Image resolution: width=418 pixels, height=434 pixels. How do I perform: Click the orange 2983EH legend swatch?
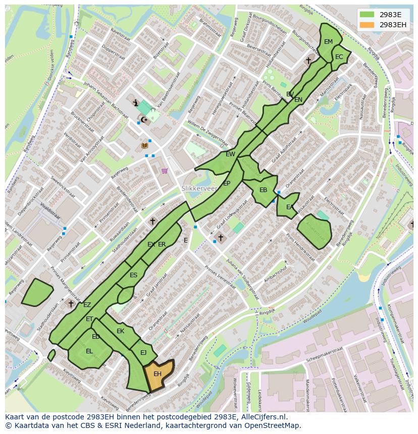click(367, 25)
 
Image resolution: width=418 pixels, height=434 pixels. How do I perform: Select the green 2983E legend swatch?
click(367, 15)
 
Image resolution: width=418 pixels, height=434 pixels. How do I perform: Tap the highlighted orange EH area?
click(158, 374)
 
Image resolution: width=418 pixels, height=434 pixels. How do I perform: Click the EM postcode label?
click(329, 42)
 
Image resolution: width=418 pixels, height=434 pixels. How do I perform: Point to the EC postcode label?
click(339, 57)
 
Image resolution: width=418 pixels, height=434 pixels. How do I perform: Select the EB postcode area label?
click(263, 190)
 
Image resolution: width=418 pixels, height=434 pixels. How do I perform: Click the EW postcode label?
click(230, 154)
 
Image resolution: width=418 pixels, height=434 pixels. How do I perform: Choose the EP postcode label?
click(227, 183)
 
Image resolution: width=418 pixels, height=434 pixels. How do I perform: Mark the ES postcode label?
click(133, 275)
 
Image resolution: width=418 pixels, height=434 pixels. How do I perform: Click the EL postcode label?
click(89, 351)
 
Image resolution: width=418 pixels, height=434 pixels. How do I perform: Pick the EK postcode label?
click(120, 331)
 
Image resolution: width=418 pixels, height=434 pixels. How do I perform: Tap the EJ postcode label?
click(143, 353)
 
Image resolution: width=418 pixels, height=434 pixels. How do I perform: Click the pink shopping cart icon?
click(165, 171)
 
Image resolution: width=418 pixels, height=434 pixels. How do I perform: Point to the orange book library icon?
click(145, 145)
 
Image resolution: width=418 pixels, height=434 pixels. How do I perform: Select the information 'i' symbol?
click(135, 103)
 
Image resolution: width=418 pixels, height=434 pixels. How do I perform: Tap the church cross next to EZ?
click(71, 303)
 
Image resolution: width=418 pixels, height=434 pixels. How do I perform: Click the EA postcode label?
click(290, 207)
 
